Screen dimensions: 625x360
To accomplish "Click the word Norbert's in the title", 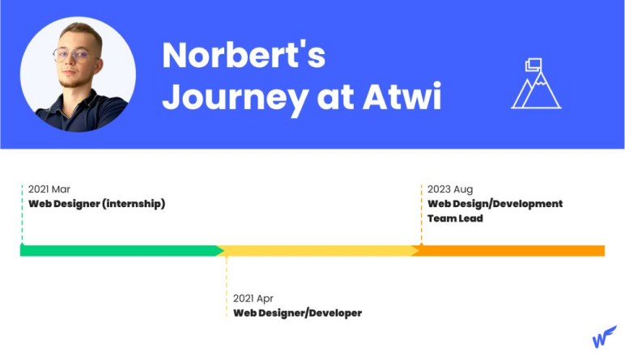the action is [x=244, y=54].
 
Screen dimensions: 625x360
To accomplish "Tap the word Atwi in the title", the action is [x=402, y=96].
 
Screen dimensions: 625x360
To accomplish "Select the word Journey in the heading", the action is [x=235, y=100].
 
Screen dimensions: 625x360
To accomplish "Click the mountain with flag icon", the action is [x=536, y=83].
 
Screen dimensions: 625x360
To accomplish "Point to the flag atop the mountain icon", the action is [x=534, y=65].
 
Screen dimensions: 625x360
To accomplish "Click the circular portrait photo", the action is [x=78, y=74].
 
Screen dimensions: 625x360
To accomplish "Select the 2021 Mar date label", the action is [x=49, y=189].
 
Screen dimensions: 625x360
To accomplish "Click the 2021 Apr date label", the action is [x=253, y=299].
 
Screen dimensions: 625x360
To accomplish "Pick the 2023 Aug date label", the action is [x=450, y=189].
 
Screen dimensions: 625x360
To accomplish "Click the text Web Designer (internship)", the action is [x=97, y=204].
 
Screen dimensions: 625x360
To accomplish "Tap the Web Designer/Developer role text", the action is [x=297, y=313].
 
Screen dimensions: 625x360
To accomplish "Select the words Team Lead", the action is [x=455, y=218].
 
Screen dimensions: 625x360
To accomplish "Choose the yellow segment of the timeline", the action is [x=317, y=251].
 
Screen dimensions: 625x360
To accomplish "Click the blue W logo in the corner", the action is [x=604, y=337].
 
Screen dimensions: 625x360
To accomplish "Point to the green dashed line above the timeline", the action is [x=23, y=214].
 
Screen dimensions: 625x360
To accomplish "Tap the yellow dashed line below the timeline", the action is [x=227, y=286].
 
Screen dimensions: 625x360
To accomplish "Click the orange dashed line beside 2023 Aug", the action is [x=421, y=214].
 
